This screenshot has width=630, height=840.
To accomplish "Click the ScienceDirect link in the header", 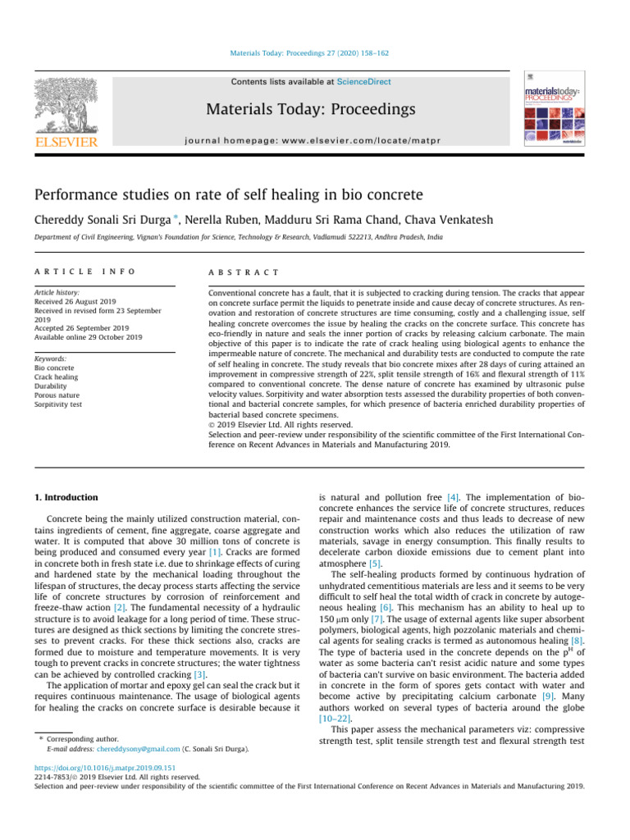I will (x=364, y=82).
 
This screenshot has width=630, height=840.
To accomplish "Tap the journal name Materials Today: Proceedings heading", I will (x=312, y=109).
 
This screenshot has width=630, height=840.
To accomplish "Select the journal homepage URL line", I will (x=312, y=140).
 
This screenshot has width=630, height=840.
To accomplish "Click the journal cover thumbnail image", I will (x=553, y=107).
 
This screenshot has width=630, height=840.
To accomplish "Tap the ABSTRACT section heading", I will (x=244, y=272).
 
